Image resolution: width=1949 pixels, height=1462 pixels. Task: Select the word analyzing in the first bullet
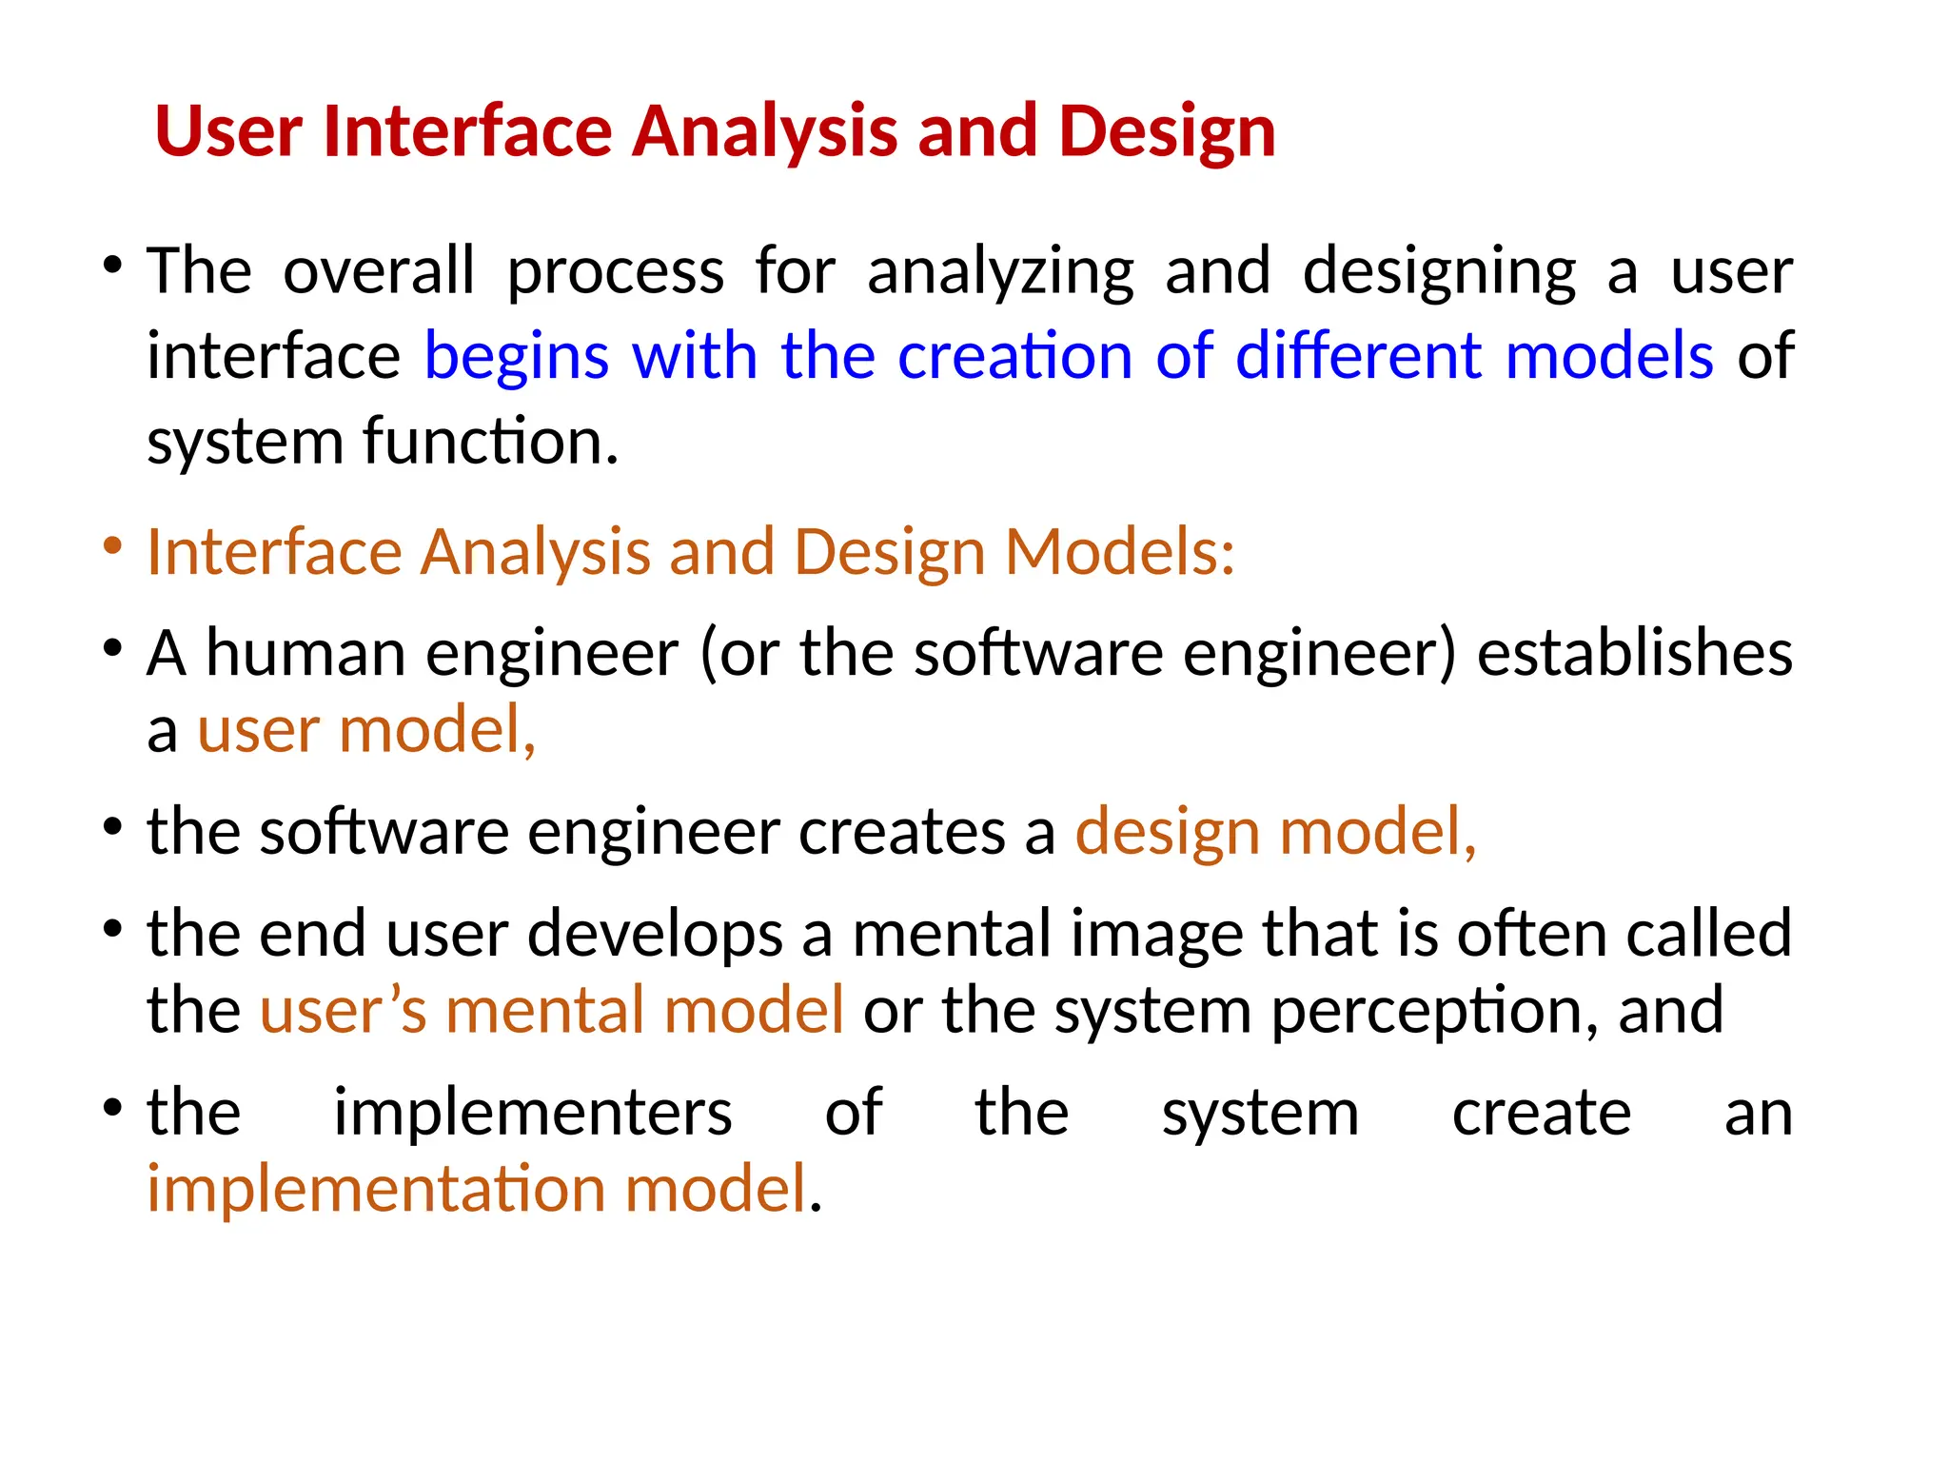[x=1000, y=273]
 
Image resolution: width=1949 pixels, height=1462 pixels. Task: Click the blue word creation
[x=1014, y=356]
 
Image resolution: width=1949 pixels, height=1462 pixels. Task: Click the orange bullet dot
[x=113, y=546]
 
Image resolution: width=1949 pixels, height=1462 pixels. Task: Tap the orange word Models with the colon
[x=1120, y=552]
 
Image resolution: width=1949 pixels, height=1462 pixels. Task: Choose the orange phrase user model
[x=366, y=731]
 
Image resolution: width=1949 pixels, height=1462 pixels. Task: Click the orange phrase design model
[x=1275, y=832]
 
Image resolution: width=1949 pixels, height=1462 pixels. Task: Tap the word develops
[x=655, y=935]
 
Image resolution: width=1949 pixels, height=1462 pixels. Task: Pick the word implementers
[x=533, y=1112]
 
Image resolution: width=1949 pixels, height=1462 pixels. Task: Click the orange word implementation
[x=376, y=1190]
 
